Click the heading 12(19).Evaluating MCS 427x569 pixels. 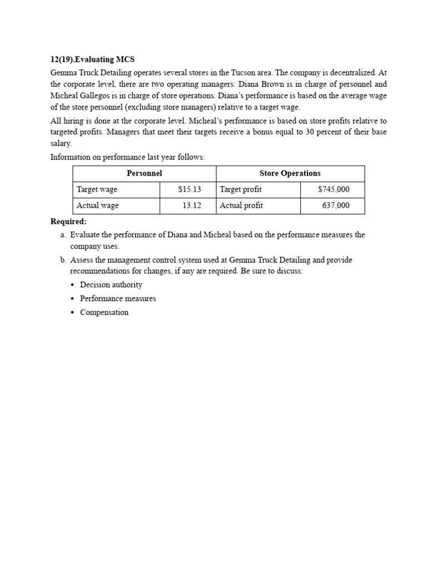point(92,59)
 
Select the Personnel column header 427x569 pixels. point(144,173)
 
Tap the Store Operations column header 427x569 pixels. point(290,173)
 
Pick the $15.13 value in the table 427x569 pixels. point(190,189)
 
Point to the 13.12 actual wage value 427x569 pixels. point(192,206)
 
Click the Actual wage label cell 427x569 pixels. point(97,206)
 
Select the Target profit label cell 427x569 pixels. point(240,189)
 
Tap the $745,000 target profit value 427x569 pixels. point(334,189)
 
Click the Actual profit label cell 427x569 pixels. point(241,206)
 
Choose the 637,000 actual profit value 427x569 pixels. point(336,206)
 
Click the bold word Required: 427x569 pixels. point(68,222)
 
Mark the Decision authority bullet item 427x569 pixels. point(111,284)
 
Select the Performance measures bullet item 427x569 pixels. point(118,298)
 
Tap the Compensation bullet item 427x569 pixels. point(104,312)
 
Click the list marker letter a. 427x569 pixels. point(63,234)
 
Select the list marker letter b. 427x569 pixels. point(63,260)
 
